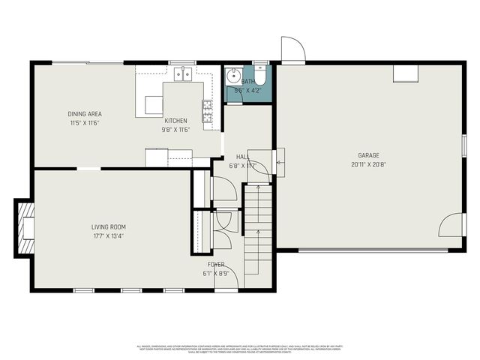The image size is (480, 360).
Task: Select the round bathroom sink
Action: [233, 76]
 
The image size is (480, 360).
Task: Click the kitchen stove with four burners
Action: [207, 111]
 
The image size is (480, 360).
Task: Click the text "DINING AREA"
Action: [85, 114]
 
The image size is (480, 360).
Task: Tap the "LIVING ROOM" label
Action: [109, 227]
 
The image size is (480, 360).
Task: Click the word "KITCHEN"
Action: [176, 121]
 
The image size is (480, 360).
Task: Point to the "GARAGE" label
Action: [367, 156]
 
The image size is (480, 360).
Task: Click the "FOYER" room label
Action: [216, 265]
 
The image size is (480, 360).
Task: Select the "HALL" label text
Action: [243, 157]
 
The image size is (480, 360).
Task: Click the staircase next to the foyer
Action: [256, 229]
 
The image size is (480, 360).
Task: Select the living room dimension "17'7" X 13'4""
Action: [108, 236]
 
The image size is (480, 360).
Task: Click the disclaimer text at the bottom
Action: [239, 349]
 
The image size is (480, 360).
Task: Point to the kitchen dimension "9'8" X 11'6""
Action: [176, 129]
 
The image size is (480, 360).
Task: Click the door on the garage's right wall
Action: [453, 226]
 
